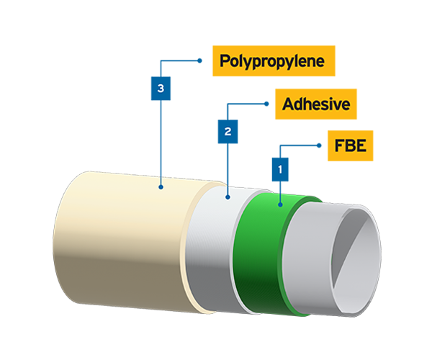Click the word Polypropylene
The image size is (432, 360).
point(271,60)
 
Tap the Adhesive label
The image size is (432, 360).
point(316,105)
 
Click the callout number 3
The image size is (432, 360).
point(161,89)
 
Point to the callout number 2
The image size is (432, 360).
point(228,132)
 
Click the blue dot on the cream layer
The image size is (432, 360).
point(161,186)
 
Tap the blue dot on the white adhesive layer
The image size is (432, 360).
point(228,197)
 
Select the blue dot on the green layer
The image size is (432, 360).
point(280,204)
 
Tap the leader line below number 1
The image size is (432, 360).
point(280,193)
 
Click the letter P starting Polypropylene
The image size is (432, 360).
point(224,60)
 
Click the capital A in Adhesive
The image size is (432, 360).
point(288,105)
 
